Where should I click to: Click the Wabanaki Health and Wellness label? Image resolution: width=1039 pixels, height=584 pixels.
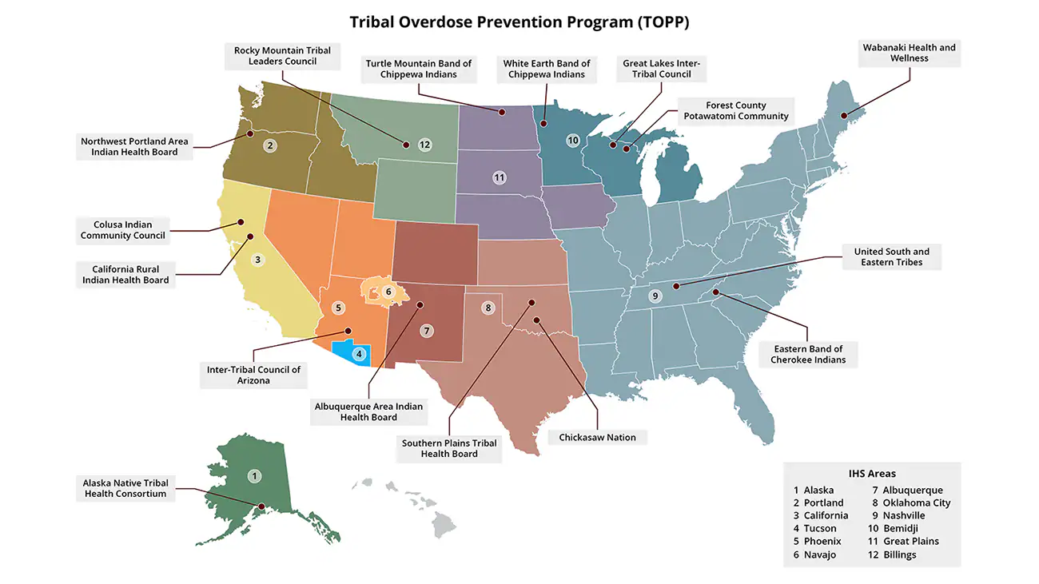point(909,53)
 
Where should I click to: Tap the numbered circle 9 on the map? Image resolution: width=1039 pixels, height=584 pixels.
point(655,296)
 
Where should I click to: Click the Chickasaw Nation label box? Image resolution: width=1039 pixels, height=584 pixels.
point(597,438)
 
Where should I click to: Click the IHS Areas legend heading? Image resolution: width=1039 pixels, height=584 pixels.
point(872,473)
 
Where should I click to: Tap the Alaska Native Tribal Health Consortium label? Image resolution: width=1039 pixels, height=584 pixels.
point(125,488)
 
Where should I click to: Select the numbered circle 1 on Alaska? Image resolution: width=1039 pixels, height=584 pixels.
point(254,477)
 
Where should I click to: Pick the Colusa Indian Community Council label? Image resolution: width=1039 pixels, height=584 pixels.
point(122,230)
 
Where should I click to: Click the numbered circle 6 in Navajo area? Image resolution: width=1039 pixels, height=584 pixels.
point(388,292)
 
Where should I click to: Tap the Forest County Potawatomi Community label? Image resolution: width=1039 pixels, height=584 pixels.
point(735,110)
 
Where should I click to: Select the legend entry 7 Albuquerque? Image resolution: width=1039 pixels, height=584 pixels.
point(907,490)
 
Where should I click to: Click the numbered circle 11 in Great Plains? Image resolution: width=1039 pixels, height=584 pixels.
point(500,177)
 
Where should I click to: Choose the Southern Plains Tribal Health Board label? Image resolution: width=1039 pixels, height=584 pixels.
point(448,448)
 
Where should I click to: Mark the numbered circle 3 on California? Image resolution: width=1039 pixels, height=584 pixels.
point(257,260)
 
